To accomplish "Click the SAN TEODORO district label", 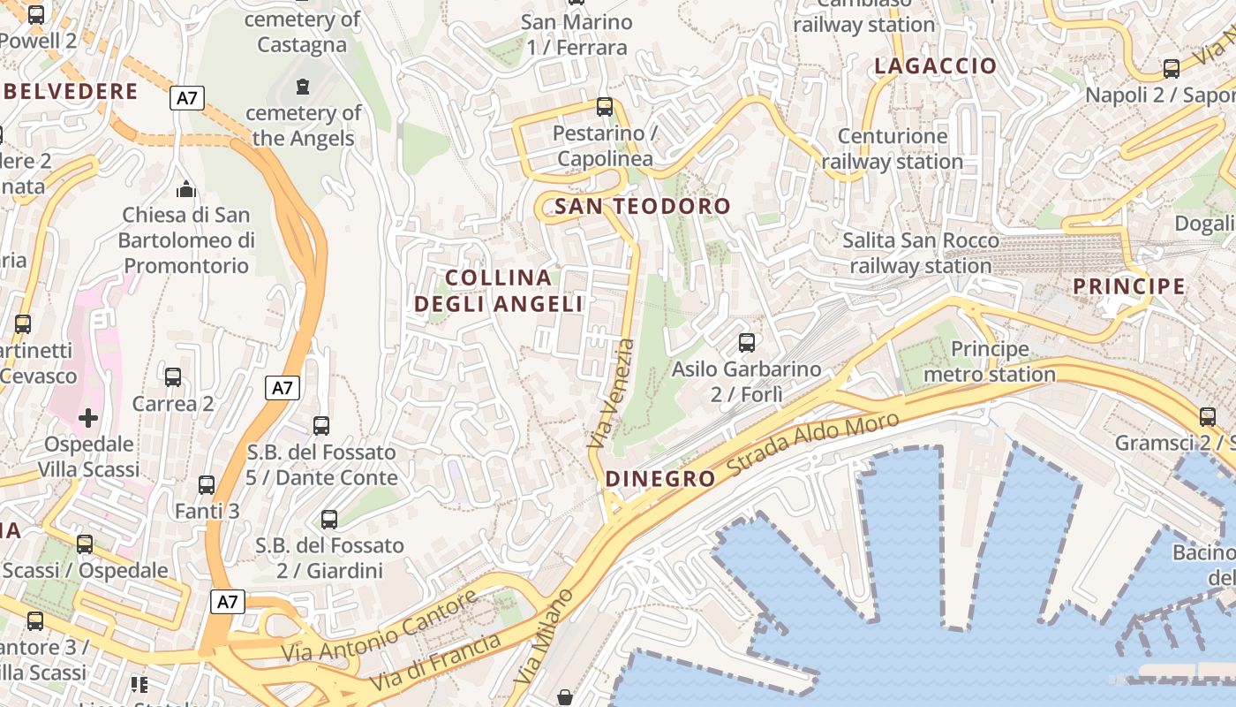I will tap(643, 207).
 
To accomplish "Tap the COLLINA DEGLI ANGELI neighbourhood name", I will tap(499, 291).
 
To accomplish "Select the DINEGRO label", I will tap(660, 479).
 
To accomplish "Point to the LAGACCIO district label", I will tap(935, 65).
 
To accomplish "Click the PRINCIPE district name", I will tap(1129, 286).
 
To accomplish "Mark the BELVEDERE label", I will tap(71, 91).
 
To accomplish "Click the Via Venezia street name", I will tap(612, 392).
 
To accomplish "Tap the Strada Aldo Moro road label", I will tap(813, 445).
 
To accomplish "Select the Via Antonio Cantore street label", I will tap(380, 627).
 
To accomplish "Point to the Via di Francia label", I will tap(436, 662).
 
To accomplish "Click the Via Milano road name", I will tap(545, 636).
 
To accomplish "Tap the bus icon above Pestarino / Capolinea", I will tap(605, 107).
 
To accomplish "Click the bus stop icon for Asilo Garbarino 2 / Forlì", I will tap(747, 342).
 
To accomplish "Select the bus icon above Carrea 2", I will tap(173, 377).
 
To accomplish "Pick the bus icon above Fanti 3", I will tap(207, 485).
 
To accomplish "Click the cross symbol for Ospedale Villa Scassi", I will tap(88, 417).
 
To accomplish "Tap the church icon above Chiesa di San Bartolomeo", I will tap(186, 189).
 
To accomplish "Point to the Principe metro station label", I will tap(990, 361).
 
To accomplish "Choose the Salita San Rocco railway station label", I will tap(921, 253).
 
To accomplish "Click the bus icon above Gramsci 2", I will tap(1207, 416).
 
